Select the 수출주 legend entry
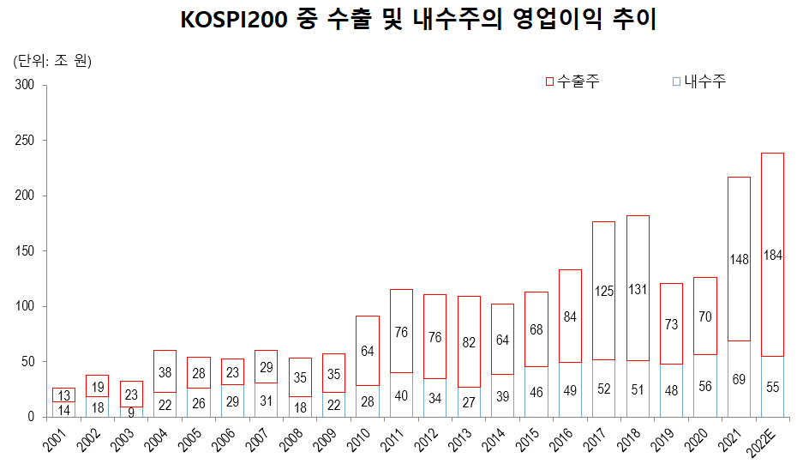[572, 81]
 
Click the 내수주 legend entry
[698, 81]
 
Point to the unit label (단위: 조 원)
[52, 61]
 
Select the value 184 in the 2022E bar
[773, 255]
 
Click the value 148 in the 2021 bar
[739, 259]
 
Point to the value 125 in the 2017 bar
[603, 292]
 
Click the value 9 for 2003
[131, 412]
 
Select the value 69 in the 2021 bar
[739, 378]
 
